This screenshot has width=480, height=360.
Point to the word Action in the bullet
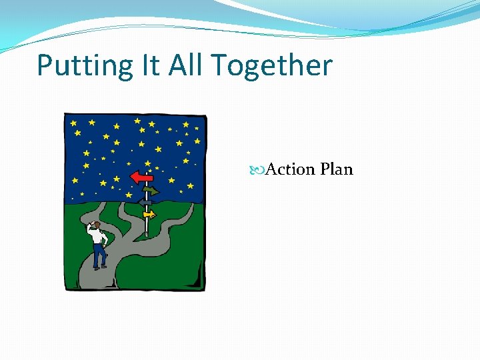290,169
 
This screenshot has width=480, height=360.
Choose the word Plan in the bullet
336,169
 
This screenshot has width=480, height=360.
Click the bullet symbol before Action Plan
259,170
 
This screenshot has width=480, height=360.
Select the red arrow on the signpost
141,177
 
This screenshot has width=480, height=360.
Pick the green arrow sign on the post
150,191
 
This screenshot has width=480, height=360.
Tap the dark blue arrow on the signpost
145,202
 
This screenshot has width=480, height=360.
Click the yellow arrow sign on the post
149,214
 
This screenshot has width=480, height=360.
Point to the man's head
97,225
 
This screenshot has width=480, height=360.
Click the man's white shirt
100,237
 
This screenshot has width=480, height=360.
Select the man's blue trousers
99,255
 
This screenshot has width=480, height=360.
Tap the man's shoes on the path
99,267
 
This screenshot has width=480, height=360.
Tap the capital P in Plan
325,169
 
